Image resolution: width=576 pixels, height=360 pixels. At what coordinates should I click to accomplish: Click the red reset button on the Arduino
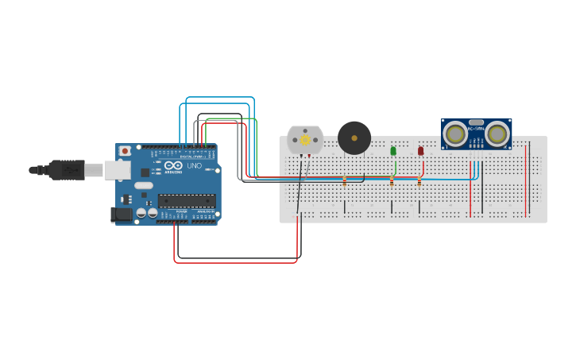(125, 150)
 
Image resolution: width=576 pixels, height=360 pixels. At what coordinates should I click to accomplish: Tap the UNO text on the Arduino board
(194, 165)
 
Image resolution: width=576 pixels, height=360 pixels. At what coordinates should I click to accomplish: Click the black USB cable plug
(67, 169)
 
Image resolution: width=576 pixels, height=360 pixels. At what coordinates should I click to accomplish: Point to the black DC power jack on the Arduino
(122, 214)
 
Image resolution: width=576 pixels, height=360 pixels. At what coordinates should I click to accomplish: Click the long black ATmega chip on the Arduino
(187, 200)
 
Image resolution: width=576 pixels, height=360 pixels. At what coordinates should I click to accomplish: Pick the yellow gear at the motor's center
(305, 140)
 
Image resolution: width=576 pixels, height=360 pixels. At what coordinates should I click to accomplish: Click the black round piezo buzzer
(354, 137)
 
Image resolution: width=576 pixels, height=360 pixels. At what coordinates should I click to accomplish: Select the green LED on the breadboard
(393, 150)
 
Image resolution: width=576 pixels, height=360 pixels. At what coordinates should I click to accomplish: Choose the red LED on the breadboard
(421, 150)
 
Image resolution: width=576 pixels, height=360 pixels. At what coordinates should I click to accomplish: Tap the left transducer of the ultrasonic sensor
(455, 134)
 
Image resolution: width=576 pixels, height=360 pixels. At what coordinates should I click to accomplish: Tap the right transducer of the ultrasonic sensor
(497, 134)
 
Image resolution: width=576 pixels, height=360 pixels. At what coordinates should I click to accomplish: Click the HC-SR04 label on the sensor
(476, 129)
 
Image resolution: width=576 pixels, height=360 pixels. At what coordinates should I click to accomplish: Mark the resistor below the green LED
(392, 181)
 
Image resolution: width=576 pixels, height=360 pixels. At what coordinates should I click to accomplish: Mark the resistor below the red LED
(419, 181)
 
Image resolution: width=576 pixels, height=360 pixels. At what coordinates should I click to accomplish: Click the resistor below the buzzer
(344, 180)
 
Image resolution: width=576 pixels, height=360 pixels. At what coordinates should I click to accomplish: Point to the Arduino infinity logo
(174, 165)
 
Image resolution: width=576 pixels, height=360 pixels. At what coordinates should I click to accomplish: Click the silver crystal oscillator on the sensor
(476, 122)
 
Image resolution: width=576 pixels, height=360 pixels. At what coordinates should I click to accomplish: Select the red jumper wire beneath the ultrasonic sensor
(470, 191)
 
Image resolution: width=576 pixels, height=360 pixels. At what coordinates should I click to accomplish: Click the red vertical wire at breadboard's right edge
(526, 179)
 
